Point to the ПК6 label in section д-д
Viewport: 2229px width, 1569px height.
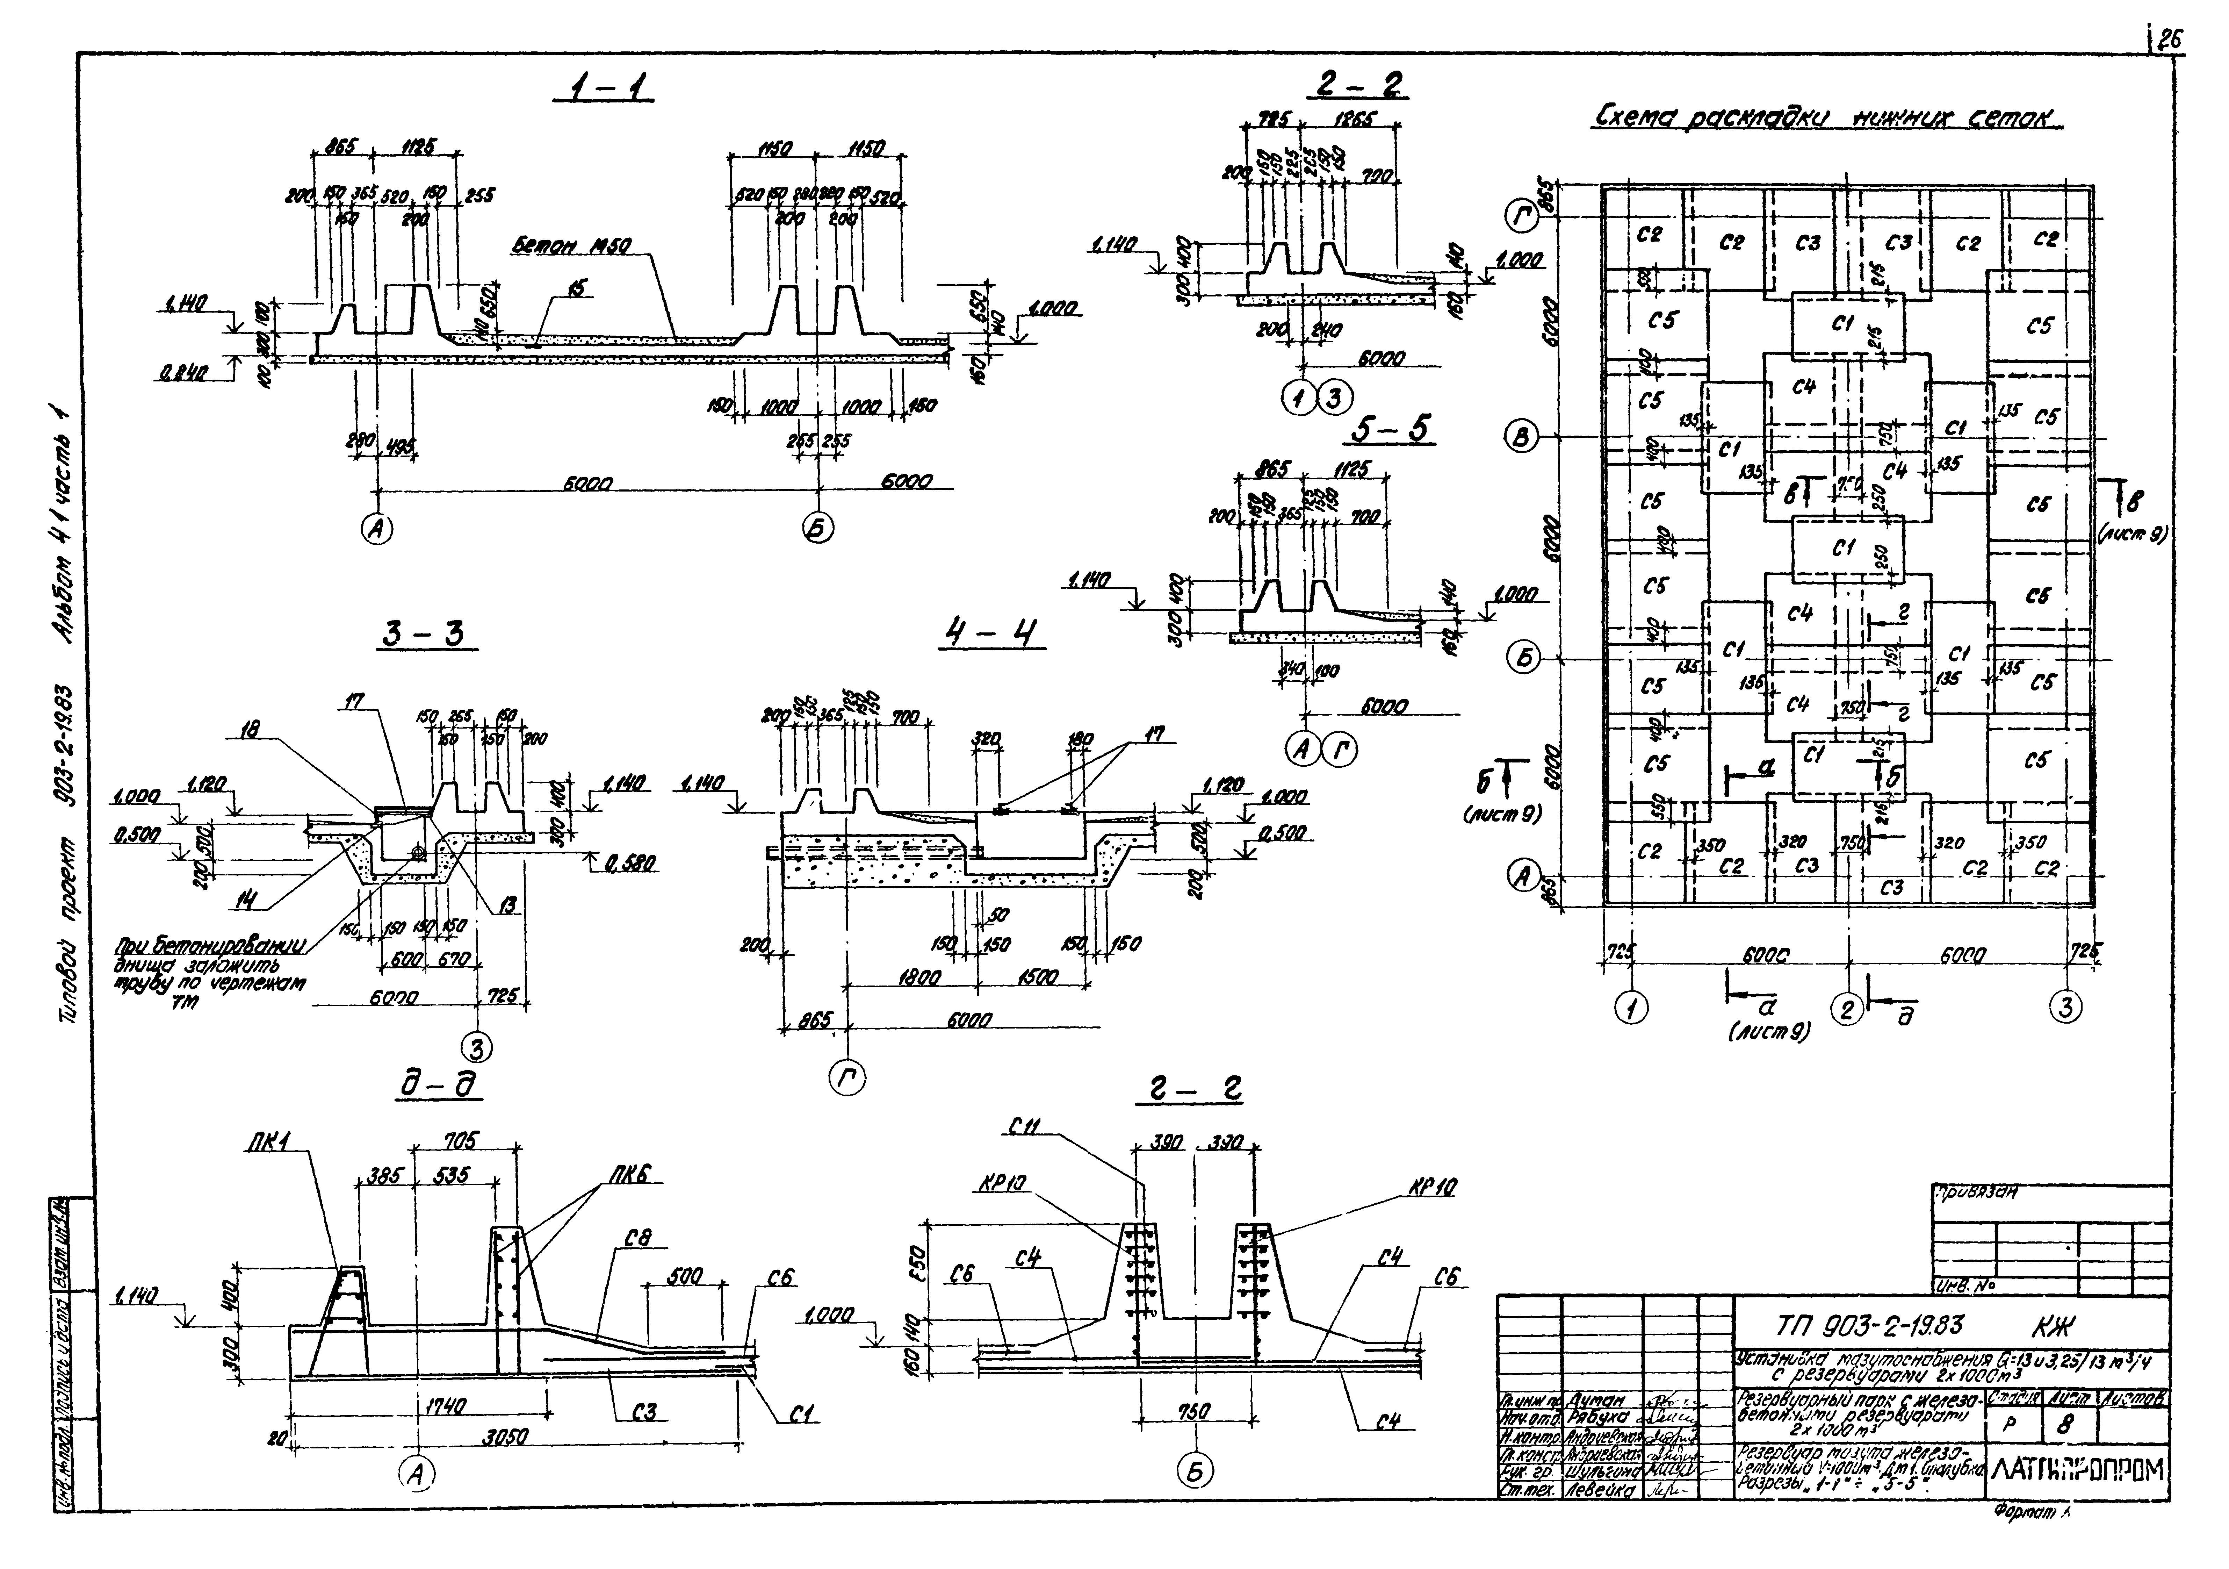(x=632, y=1177)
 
